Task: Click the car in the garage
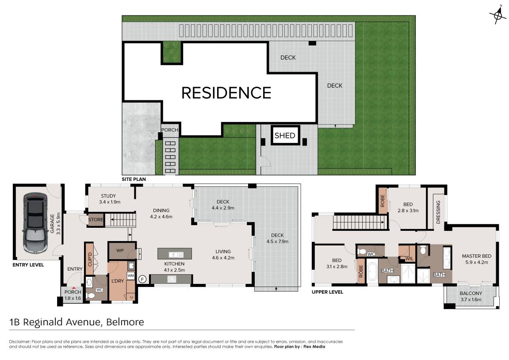35,223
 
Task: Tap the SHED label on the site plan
285,135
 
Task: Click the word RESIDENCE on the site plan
226,93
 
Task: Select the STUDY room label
108,196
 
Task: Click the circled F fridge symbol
142,279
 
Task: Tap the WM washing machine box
130,276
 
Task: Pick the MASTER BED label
477,256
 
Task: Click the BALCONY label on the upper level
471,293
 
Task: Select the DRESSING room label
438,212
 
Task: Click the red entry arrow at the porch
74,287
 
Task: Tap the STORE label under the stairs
96,220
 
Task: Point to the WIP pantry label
120,250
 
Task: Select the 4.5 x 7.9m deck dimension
277,241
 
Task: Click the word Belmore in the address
125,322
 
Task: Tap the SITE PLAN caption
134,179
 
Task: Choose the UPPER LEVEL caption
327,292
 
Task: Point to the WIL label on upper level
409,259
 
